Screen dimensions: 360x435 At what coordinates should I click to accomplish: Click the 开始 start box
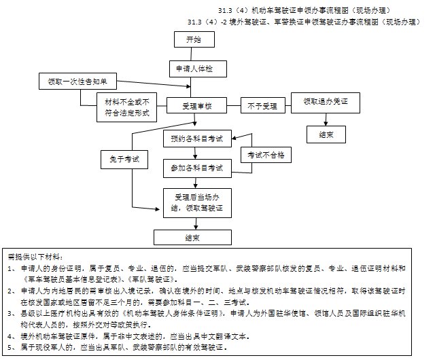tap(193, 40)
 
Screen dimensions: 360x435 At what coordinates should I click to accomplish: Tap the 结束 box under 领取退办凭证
tap(326, 134)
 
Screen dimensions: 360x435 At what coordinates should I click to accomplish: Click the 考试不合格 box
tap(266, 155)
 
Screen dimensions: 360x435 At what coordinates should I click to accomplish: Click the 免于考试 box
tap(124, 159)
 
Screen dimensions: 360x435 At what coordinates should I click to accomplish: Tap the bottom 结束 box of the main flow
tap(192, 237)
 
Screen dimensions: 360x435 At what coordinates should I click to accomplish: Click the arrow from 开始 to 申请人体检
tap(193, 54)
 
